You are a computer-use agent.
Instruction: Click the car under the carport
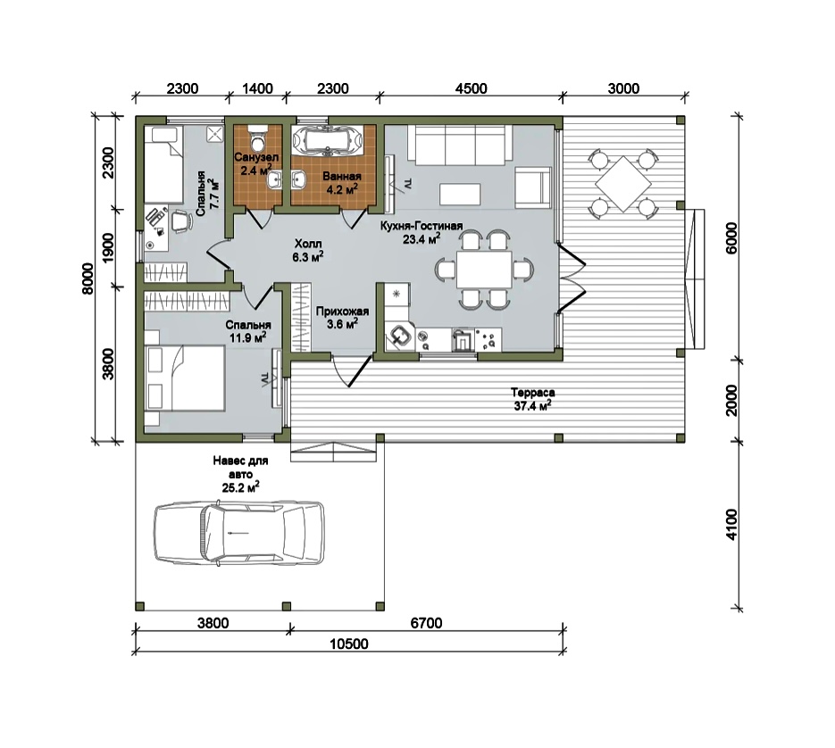pos(239,533)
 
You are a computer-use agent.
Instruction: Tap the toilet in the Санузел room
pos(258,137)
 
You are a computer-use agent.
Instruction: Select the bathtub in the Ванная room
pos(328,140)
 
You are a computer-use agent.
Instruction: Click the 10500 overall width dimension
pos(349,644)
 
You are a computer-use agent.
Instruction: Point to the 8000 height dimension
pos(88,278)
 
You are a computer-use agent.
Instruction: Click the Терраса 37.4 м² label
pos(532,399)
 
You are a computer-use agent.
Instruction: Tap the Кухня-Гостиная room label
pos(422,226)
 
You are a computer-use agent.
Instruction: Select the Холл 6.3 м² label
pos(308,251)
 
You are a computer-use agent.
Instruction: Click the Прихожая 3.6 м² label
pos(342,317)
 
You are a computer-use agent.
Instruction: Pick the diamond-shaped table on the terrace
pos(623,184)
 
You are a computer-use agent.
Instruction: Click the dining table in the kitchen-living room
pos(483,270)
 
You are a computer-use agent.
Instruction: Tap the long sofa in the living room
pos(460,145)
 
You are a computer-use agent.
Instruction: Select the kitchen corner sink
pos(399,337)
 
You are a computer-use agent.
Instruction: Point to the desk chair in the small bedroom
pos(180,220)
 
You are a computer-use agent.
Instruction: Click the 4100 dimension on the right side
pos(732,525)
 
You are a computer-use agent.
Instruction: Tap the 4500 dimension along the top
pos(472,88)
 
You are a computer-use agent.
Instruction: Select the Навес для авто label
pos(240,467)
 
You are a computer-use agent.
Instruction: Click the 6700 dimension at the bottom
pos(426,623)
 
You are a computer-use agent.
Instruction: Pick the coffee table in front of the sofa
pos(460,195)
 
